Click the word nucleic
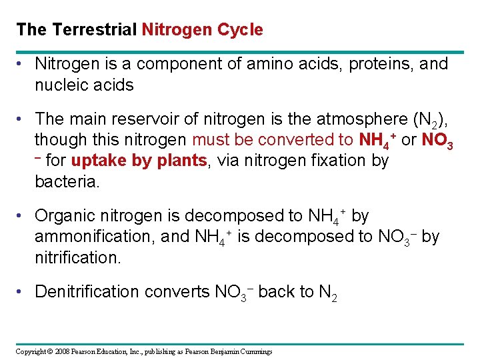point(63,85)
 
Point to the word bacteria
point(67,181)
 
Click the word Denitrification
point(90,292)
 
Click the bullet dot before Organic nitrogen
point(21,216)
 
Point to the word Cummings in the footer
point(255,351)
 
